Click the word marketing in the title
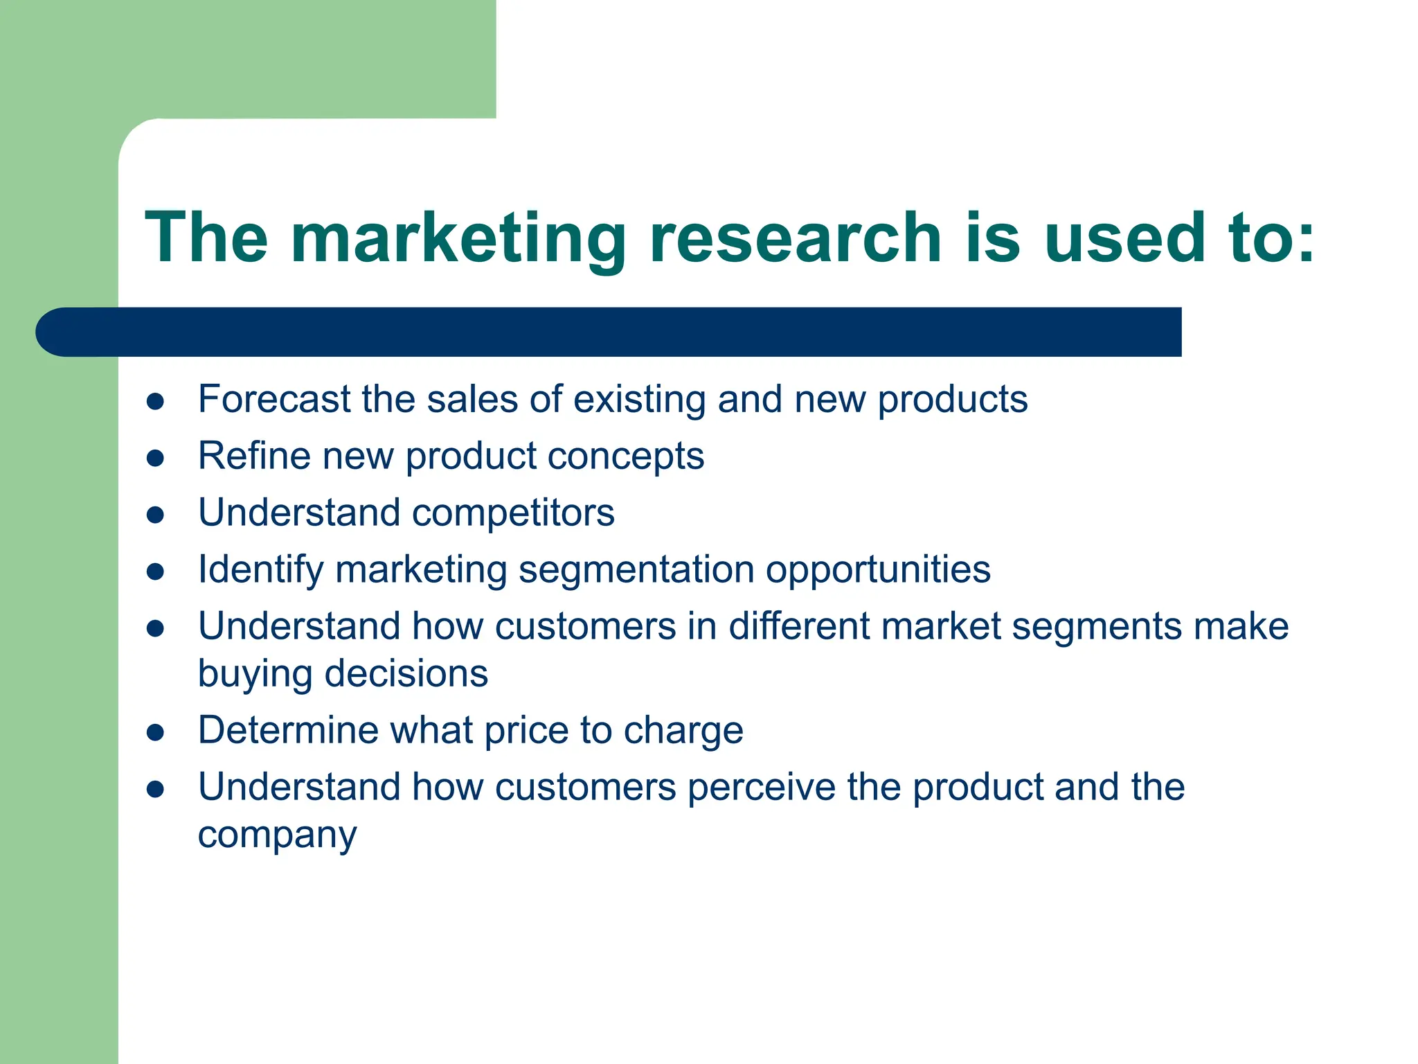(x=457, y=239)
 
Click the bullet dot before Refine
(x=155, y=458)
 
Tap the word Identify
(x=260, y=571)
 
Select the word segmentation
(x=636, y=570)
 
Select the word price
(x=526, y=731)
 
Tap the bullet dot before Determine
(x=155, y=733)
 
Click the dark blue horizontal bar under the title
(x=623, y=332)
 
